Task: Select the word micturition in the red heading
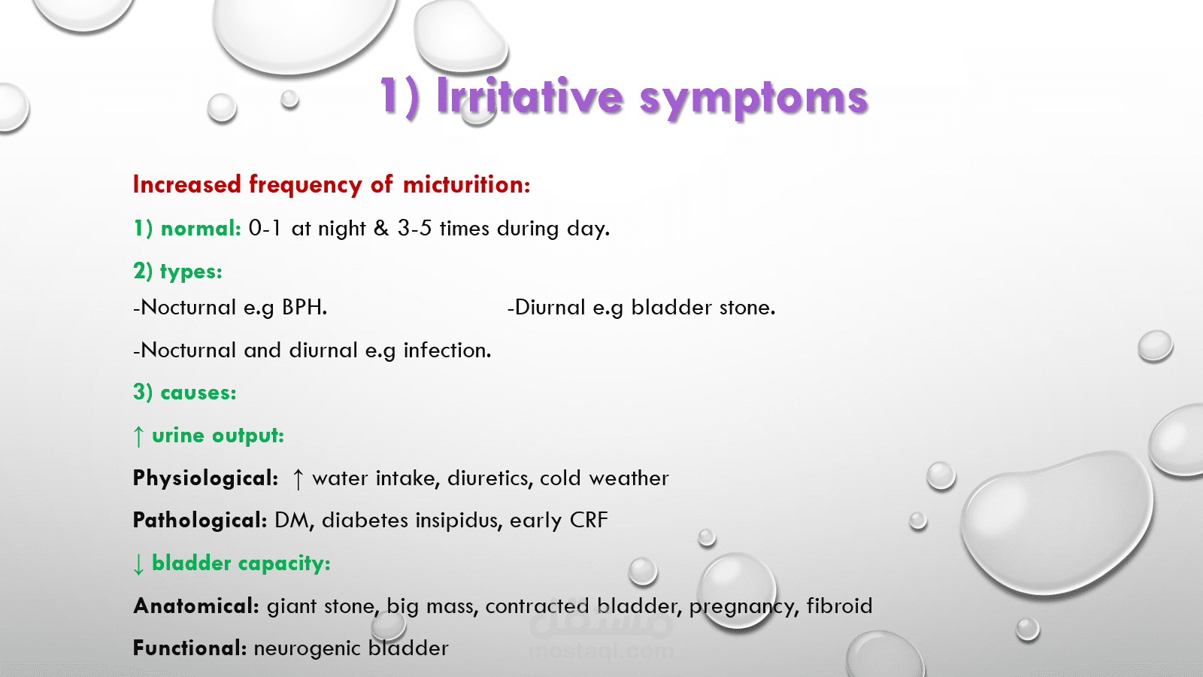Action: pyautogui.click(x=467, y=184)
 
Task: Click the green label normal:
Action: pyautogui.click(x=201, y=229)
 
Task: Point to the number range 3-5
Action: pyautogui.click(x=414, y=228)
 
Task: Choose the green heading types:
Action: pyautogui.click(x=191, y=272)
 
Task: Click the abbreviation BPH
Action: pyautogui.click(x=305, y=307)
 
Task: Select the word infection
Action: pyautogui.click(x=447, y=350)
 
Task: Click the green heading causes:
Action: pyautogui.click(x=198, y=392)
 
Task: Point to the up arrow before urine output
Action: pyautogui.click(x=138, y=436)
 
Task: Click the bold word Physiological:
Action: pyautogui.click(x=206, y=478)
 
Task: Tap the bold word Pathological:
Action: pyautogui.click(x=200, y=520)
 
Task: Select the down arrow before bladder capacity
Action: pyautogui.click(x=138, y=564)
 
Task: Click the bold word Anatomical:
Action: pyautogui.click(x=196, y=606)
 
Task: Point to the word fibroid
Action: pyautogui.click(x=839, y=606)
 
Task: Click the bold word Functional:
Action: pyautogui.click(x=189, y=648)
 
